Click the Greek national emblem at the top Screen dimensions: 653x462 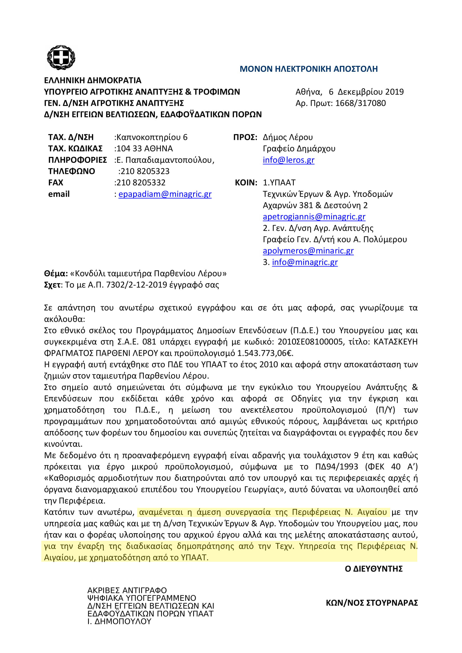(61, 58)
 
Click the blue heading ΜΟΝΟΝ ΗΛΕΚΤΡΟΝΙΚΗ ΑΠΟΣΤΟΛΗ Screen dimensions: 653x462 (309, 69)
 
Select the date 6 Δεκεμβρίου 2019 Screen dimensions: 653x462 (366, 92)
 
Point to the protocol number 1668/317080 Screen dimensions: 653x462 (360, 103)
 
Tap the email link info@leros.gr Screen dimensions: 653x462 (288, 160)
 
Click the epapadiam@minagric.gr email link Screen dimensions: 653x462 (165, 194)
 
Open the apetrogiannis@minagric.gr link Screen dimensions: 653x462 (314, 217)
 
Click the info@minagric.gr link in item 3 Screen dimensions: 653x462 (305, 262)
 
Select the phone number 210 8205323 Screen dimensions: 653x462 (144, 171)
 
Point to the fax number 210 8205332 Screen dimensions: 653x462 (141, 183)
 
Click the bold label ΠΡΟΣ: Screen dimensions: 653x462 (245, 137)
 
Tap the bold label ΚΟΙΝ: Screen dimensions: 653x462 (246, 183)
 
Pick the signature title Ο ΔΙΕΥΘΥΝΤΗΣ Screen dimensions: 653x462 (373, 568)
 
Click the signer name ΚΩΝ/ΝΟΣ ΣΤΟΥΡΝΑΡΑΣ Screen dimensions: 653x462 (372, 603)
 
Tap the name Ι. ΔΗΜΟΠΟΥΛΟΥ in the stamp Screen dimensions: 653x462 (119, 621)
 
